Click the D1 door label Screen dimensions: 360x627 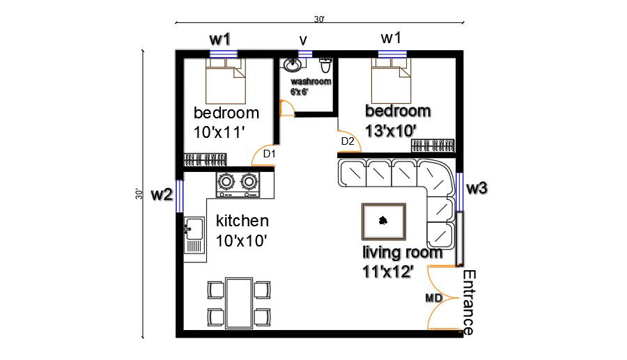tap(270, 153)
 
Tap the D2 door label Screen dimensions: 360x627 tap(348, 141)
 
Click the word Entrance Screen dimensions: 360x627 tap(470, 302)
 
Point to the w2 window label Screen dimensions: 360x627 tap(162, 195)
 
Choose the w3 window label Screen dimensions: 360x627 tap(477, 187)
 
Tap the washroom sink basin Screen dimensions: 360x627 tap(292, 66)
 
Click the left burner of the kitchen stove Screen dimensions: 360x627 tap(226, 182)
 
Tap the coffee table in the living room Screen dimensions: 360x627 tap(382, 221)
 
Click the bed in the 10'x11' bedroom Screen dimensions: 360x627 tap(225, 81)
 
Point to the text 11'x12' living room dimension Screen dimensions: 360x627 tap(387, 272)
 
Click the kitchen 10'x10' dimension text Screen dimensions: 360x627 tap(242, 241)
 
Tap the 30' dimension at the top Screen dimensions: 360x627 tap(318, 19)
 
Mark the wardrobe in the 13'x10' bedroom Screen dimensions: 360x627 tap(433, 146)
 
